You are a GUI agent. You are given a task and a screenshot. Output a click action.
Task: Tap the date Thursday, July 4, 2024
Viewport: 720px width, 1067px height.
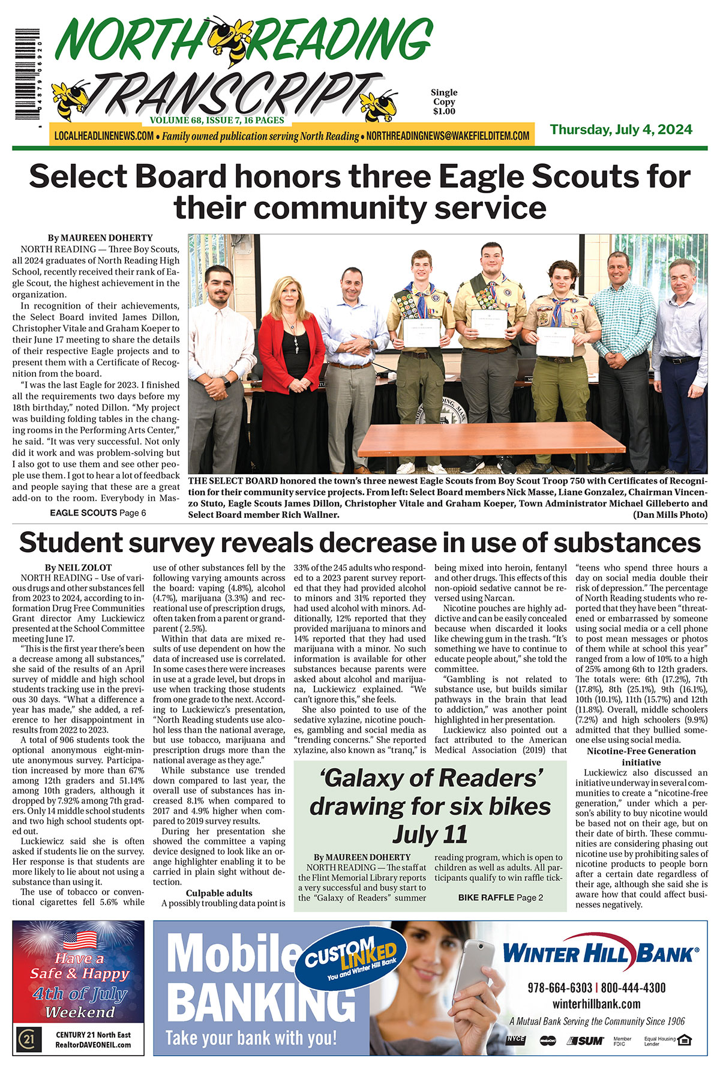[621, 130]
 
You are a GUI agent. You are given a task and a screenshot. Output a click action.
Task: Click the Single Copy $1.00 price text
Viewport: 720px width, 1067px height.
[444, 102]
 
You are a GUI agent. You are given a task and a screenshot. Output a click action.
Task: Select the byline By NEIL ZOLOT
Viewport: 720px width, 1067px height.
[78, 567]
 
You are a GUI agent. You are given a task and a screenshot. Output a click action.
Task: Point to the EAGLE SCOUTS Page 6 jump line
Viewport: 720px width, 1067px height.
[98, 512]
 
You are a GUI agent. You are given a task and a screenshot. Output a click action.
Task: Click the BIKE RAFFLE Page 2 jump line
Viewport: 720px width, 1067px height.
[500, 897]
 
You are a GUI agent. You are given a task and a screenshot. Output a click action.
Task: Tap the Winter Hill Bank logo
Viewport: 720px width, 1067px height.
[600, 952]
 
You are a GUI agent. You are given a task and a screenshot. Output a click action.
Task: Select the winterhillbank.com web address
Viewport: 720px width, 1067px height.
[596, 1003]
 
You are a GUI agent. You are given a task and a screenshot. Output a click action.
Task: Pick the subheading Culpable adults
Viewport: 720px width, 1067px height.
[219, 893]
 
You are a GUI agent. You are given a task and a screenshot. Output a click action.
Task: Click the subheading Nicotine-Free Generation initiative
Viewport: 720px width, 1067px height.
[641, 756]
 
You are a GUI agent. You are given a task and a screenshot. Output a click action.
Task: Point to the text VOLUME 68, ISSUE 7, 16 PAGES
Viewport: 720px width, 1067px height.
[217, 120]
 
